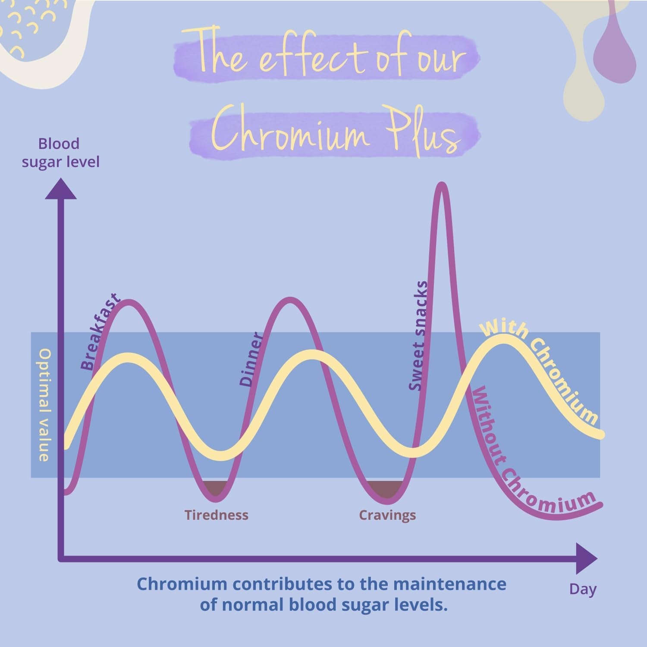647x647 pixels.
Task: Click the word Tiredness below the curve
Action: click(x=217, y=515)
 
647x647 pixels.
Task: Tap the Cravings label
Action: click(x=387, y=515)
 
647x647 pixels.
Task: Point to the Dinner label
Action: click(x=251, y=359)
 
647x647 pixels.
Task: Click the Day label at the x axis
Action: click(x=583, y=589)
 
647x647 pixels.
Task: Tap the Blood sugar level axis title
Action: click(x=60, y=153)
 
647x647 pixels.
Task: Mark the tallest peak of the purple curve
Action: click(x=442, y=185)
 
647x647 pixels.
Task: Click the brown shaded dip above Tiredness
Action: click(x=216, y=487)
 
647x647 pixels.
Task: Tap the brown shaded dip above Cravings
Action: click(x=386, y=488)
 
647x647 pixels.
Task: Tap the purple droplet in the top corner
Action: click(x=614, y=54)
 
